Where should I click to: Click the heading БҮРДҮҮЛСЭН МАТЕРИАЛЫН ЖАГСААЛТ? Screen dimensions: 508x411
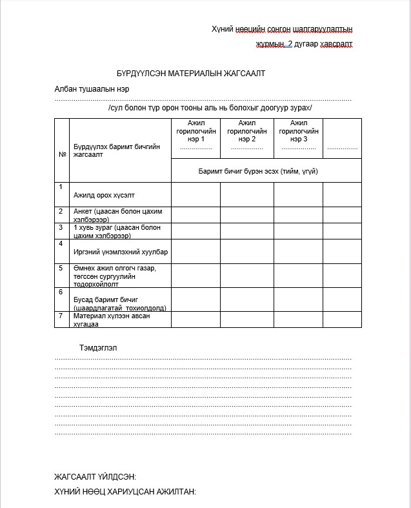(x=191, y=74)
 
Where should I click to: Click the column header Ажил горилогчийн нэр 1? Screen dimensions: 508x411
(x=195, y=131)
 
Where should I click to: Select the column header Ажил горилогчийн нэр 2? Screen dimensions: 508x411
(x=246, y=131)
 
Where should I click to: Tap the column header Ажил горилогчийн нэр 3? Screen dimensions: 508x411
(x=298, y=131)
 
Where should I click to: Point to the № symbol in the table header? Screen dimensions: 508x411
(x=63, y=155)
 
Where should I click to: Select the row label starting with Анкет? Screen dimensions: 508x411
(x=114, y=215)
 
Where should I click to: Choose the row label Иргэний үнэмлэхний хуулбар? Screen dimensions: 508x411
(x=113, y=252)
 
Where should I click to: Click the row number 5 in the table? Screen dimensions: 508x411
(x=61, y=268)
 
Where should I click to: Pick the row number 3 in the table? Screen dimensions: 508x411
(x=61, y=227)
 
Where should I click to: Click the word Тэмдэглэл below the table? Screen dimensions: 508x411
(x=98, y=348)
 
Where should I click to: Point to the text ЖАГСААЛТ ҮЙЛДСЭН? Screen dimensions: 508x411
(x=95, y=477)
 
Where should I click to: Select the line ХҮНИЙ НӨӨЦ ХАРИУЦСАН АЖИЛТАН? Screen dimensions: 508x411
(x=125, y=493)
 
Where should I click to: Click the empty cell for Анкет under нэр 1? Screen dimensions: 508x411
(x=195, y=215)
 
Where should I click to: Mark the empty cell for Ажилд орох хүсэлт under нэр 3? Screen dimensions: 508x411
(x=298, y=194)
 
